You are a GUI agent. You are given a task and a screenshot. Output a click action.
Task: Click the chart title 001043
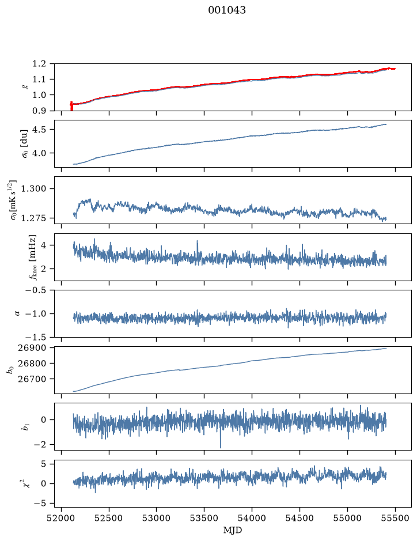(226, 10)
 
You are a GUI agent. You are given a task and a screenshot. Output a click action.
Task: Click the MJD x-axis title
(233, 530)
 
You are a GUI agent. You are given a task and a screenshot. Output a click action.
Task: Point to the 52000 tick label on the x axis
(62, 518)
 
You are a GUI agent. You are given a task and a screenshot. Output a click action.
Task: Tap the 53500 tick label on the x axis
(204, 518)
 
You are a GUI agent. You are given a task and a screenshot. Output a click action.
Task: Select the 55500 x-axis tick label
(395, 518)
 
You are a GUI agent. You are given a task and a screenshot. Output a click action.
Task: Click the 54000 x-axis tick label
(252, 518)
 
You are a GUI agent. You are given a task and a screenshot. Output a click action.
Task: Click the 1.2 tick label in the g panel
(39, 63)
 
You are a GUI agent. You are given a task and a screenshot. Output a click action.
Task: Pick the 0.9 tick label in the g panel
(39, 111)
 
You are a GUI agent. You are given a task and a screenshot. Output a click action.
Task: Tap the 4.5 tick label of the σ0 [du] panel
(39, 130)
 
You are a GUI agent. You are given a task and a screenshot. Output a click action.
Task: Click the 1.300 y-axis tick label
(34, 189)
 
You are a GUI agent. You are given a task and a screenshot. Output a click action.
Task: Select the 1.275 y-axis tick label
(34, 218)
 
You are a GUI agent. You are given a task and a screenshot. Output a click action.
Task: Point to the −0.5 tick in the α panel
(36, 290)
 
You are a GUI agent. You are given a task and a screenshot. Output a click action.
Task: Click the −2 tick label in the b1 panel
(40, 445)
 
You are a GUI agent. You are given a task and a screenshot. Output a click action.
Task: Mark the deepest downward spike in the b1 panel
(221, 447)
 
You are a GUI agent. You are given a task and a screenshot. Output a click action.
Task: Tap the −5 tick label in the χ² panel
(40, 504)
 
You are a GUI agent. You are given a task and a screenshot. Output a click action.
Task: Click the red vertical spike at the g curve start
(71, 106)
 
